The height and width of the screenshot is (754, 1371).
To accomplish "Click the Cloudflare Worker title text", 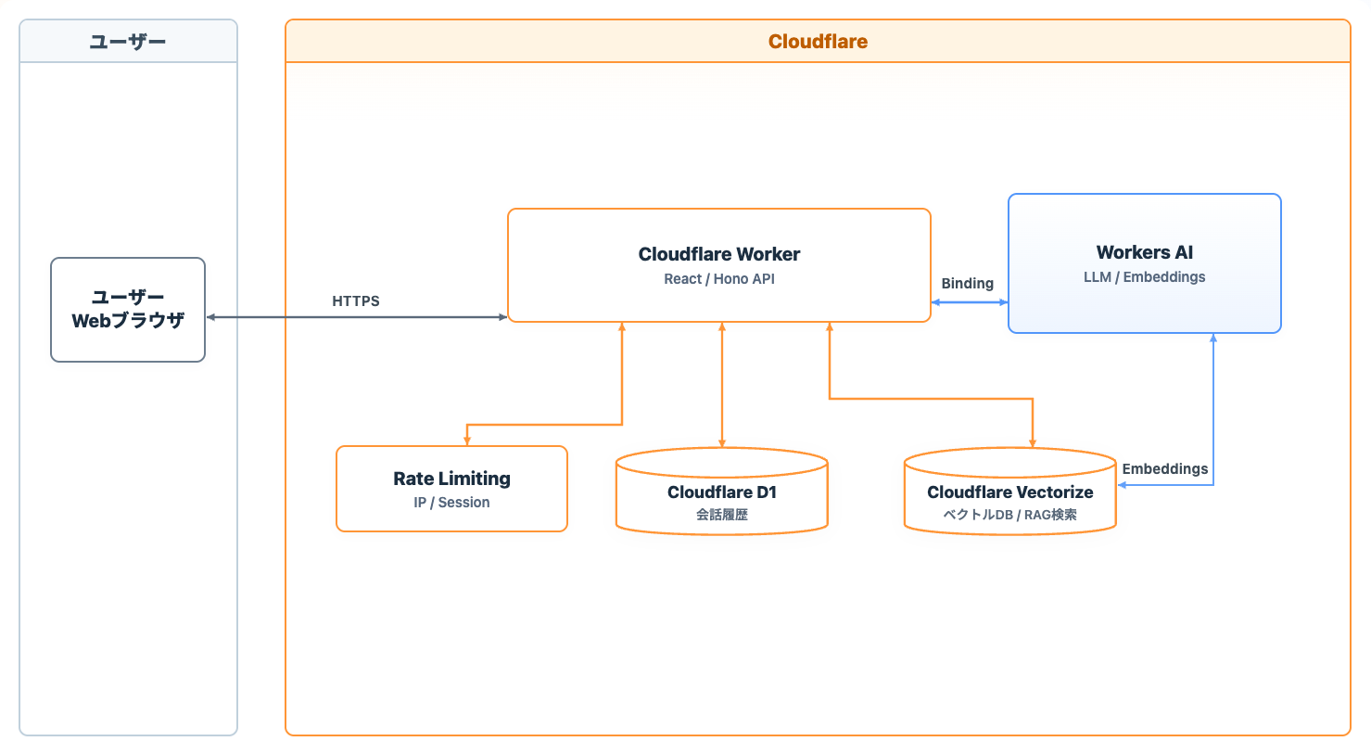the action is (x=718, y=254).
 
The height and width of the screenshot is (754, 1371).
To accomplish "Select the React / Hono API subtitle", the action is (x=719, y=279).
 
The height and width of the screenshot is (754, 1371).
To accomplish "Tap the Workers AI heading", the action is (x=1145, y=252).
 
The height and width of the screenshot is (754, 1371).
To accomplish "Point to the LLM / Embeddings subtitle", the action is (x=1145, y=277).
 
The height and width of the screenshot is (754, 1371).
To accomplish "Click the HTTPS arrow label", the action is (x=356, y=301).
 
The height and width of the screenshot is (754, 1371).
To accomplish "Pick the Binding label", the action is (x=967, y=284).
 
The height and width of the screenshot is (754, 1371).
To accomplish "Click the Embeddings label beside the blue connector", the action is (x=1164, y=469).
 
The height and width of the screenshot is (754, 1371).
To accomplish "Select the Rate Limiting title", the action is (x=451, y=479).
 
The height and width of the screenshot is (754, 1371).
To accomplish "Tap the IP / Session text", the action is (x=451, y=503).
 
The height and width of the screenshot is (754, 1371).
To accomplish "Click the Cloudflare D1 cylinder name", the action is (x=721, y=492).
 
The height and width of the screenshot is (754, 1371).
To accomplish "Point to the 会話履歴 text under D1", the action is (x=721, y=515).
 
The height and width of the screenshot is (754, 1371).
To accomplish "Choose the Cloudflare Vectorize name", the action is (x=1009, y=492).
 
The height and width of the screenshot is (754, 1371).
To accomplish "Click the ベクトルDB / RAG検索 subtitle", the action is (x=1009, y=515).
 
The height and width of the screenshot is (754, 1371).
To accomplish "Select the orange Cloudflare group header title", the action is (x=818, y=41).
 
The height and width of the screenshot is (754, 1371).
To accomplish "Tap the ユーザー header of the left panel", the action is (x=128, y=42).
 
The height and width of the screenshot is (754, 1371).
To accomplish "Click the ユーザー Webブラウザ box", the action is (x=128, y=310).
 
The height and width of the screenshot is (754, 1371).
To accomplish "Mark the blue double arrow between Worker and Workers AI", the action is (x=970, y=302).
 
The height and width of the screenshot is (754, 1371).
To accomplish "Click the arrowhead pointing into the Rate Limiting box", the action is (x=467, y=441).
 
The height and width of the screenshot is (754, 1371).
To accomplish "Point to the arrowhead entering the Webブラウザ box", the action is (x=210, y=317).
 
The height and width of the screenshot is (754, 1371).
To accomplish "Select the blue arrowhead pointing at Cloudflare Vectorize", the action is (x=1122, y=485).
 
